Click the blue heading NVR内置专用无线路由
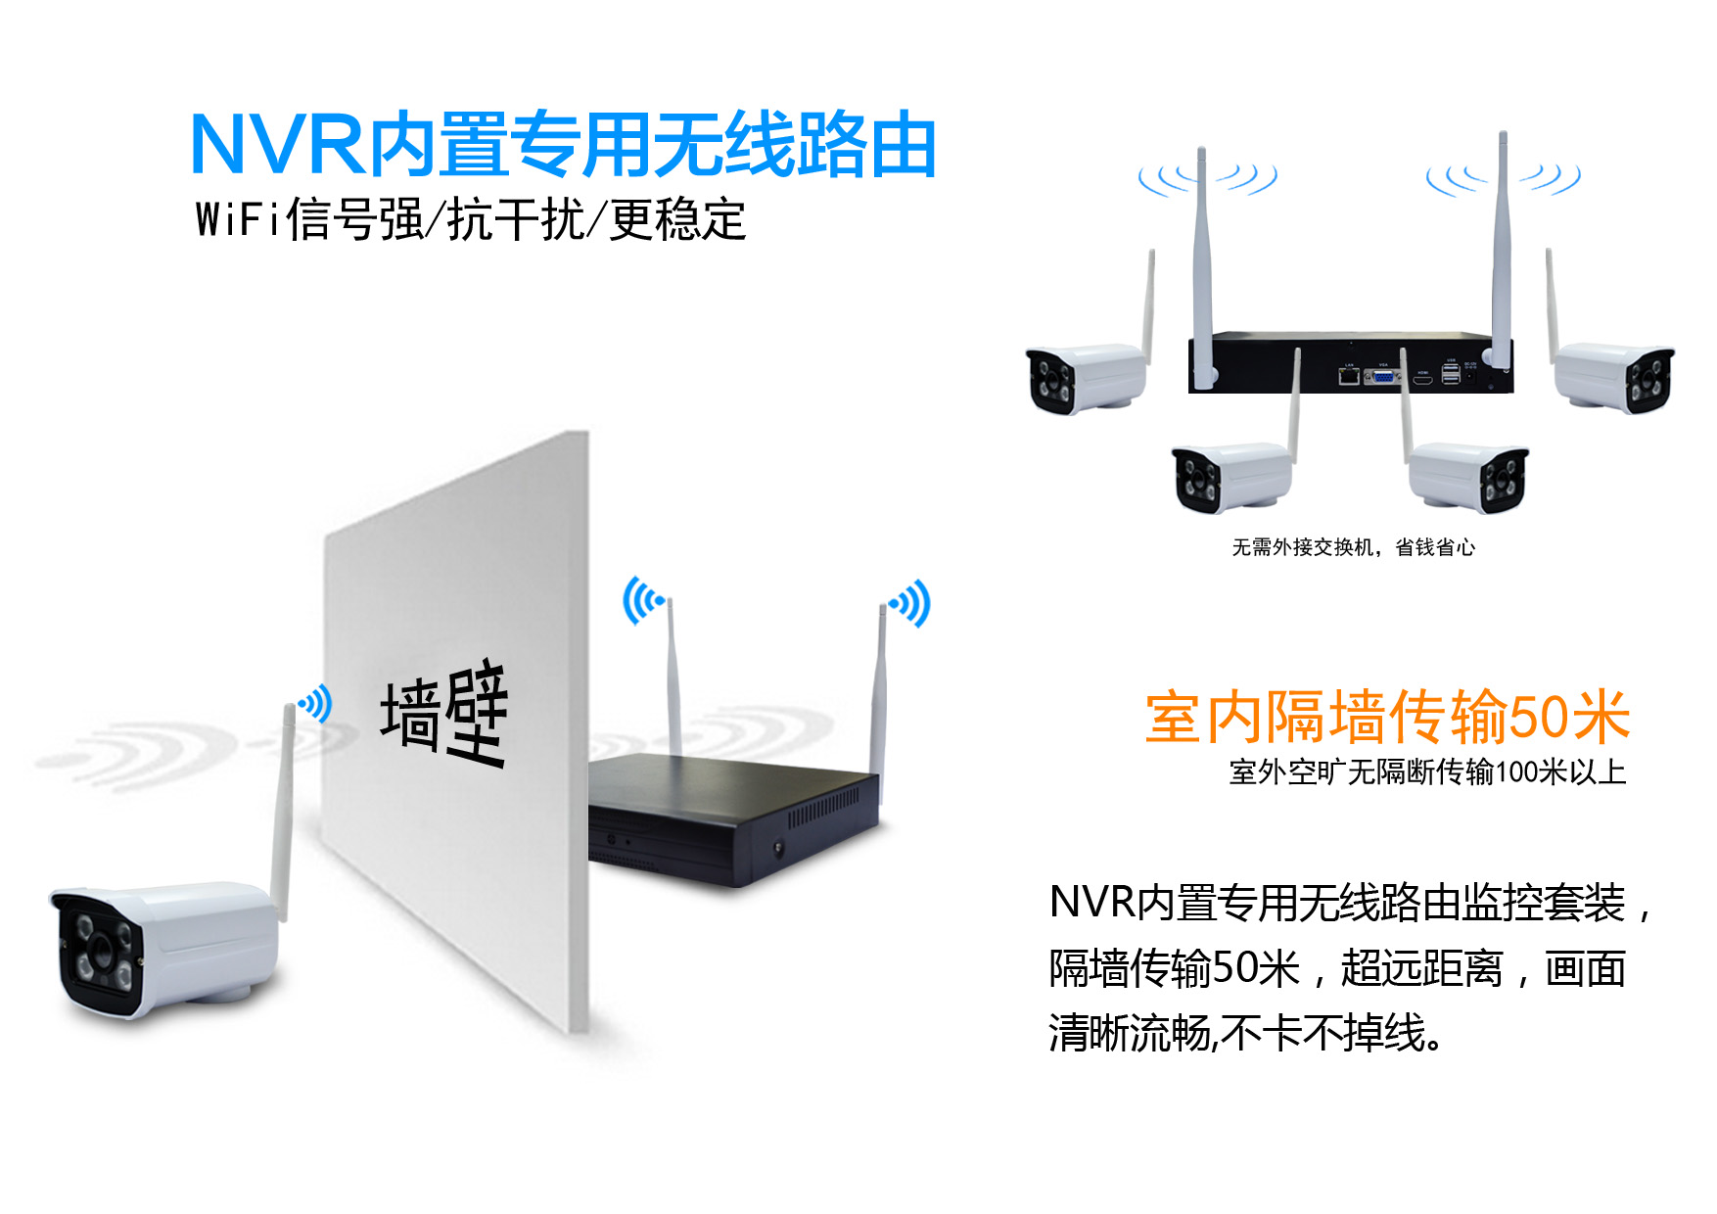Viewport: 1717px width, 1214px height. (x=563, y=145)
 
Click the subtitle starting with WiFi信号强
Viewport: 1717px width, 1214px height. (x=471, y=219)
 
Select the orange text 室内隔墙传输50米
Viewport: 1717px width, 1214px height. (x=1386, y=717)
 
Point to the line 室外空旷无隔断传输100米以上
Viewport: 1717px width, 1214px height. (x=1427, y=772)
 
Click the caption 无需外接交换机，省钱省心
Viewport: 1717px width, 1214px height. (x=1353, y=547)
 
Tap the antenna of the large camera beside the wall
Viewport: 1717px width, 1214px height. (x=282, y=813)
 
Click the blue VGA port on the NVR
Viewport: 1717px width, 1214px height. (x=1382, y=375)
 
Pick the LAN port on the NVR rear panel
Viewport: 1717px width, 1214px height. (x=1348, y=374)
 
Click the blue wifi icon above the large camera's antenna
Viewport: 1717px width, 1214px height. (x=316, y=703)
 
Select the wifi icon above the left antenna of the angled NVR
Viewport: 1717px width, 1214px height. (x=642, y=599)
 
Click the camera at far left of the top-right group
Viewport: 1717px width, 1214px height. (x=1085, y=378)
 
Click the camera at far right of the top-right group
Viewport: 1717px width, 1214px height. (x=1615, y=377)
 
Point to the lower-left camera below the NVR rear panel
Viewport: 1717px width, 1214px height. (x=1231, y=477)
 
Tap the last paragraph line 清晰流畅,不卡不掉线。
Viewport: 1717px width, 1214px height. (x=1245, y=1034)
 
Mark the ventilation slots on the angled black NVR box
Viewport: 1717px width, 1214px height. (x=822, y=808)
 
